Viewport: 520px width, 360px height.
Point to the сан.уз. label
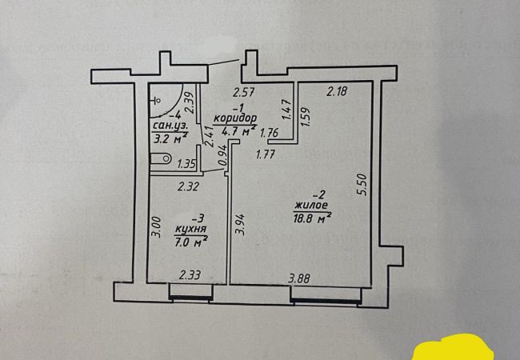point(169,126)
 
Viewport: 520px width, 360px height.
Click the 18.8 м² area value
point(313,217)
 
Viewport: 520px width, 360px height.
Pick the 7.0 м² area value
point(191,239)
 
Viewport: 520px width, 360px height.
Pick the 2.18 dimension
point(337,93)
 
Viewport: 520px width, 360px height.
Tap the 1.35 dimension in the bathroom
point(186,164)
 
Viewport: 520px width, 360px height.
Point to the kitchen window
point(190,297)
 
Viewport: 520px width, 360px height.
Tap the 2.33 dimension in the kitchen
point(190,275)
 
